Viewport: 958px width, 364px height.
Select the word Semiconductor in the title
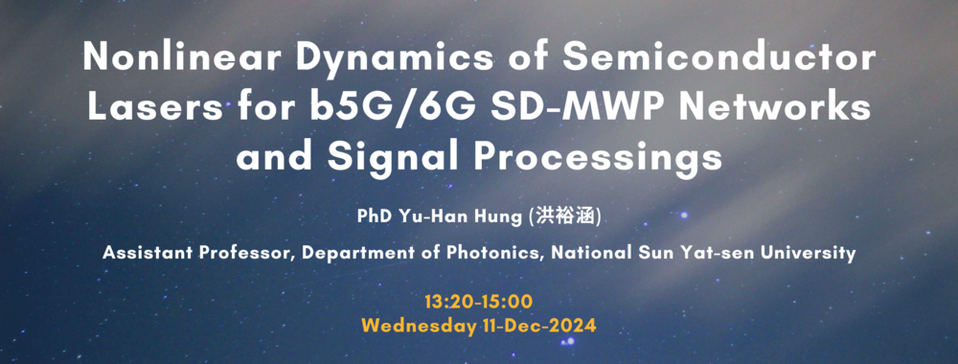719,58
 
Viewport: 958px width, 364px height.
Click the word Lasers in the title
154,108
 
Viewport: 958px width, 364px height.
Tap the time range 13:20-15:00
479,302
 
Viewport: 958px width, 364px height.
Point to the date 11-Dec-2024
537,326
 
